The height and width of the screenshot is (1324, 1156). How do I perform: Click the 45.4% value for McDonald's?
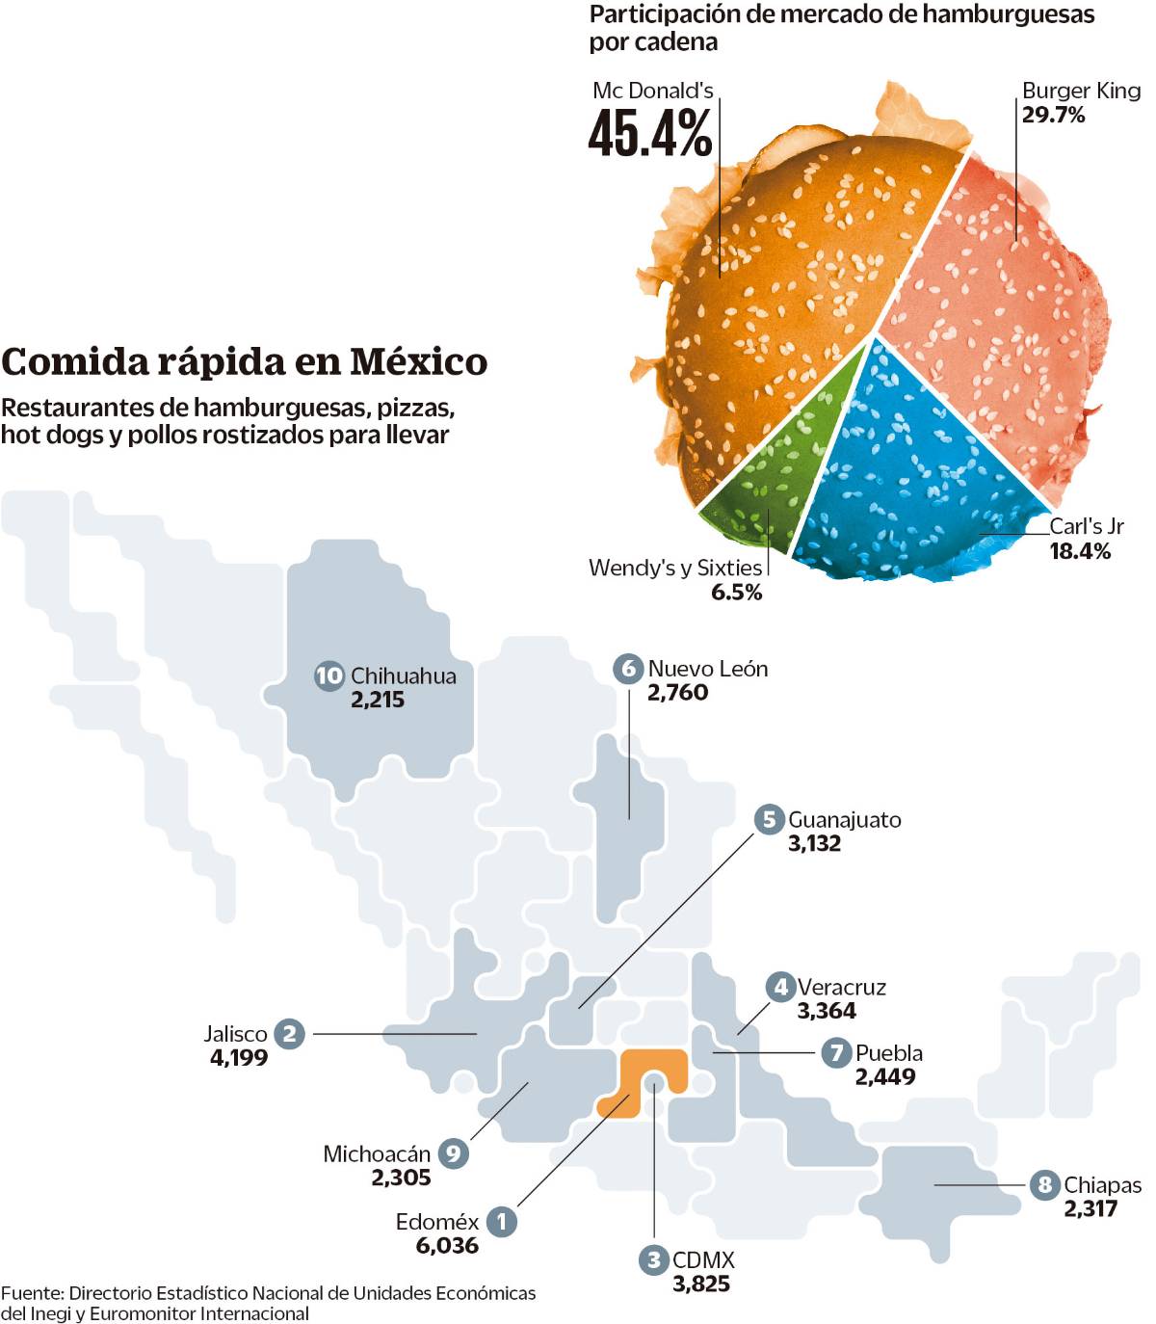coord(650,133)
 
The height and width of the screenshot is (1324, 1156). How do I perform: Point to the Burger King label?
coord(1081,91)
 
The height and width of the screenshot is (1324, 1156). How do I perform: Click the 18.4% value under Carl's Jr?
coord(1080,551)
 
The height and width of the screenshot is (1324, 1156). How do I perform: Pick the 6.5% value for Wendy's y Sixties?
coord(736,593)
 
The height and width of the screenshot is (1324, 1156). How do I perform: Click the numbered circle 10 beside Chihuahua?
coord(329,675)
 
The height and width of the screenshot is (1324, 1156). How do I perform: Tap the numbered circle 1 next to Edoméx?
coord(501,1222)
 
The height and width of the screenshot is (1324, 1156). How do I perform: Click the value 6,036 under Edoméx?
coord(447,1246)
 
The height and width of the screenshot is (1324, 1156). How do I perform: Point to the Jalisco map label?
coord(235,1034)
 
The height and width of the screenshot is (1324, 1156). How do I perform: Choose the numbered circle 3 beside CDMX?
coord(654,1259)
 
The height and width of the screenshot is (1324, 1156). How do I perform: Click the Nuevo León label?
coord(707,669)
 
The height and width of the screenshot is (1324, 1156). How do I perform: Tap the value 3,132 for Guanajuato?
coord(814,844)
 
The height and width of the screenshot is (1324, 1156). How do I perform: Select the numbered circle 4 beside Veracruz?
coord(780,987)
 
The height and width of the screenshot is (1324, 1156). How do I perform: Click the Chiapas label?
coord(1102,1185)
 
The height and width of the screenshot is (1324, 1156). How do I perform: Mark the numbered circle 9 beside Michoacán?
coord(454,1153)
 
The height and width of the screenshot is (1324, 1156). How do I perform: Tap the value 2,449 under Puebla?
coord(885,1077)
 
